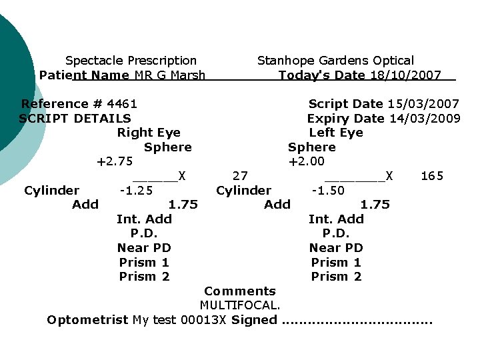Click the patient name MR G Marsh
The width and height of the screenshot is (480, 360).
tap(170, 75)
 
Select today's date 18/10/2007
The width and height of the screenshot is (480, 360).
tap(405, 75)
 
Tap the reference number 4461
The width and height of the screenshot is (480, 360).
tap(122, 104)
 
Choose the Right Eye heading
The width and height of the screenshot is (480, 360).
tap(149, 133)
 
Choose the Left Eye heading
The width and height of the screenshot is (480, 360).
tap(336, 133)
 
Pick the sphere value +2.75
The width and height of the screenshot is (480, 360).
tap(115, 161)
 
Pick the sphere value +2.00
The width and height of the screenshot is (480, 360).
tap(307, 161)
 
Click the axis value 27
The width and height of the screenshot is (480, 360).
tap(240, 176)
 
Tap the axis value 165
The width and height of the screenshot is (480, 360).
tap(432, 176)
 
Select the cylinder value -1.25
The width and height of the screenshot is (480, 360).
tap(136, 191)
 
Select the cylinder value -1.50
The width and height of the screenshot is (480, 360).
tap(328, 191)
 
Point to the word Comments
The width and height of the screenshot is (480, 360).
tap(240, 291)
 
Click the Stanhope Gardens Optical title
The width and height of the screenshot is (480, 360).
tap(335, 61)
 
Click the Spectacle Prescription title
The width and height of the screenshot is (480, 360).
tap(131, 61)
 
